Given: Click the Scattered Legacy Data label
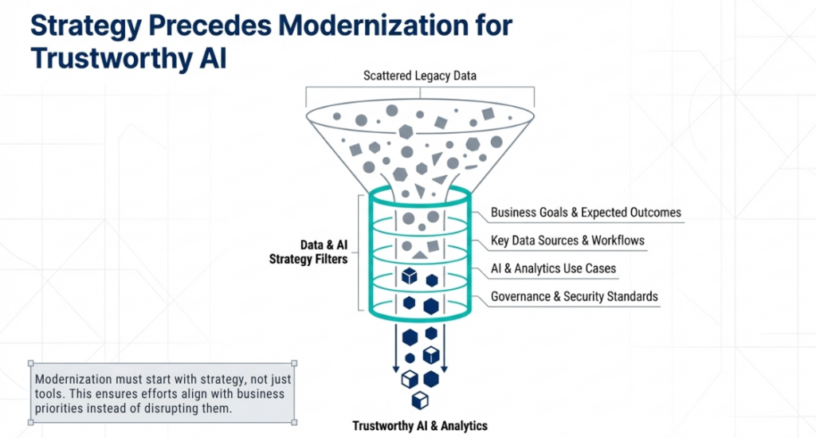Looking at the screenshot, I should coord(419,76).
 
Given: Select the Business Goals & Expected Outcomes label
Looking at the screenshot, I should coord(586,213).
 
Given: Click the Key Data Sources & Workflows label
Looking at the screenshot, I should coord(567,241).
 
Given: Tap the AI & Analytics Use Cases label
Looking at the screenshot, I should coord(553,268).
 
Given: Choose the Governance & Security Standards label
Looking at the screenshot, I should coord(575,296).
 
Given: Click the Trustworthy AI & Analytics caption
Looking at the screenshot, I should coord(419,425).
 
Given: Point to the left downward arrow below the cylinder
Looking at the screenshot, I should coord(395,350).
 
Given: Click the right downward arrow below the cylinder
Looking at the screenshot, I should coord(444,350).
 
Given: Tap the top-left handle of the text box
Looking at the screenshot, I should coord(30,364).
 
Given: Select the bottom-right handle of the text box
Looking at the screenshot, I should coord(294,421).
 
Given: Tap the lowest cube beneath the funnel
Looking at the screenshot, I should coord(419,400).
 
